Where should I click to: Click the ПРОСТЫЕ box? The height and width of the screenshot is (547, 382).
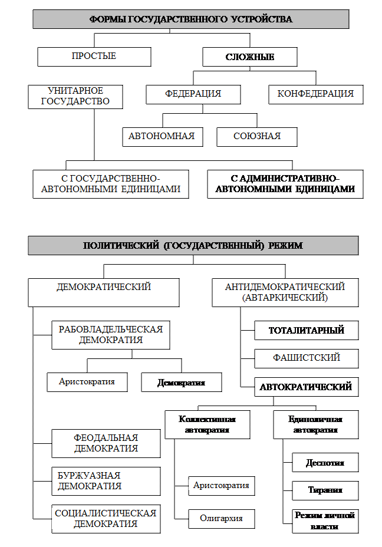[94, 56]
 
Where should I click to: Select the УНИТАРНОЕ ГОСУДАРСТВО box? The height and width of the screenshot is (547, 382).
[75, 96]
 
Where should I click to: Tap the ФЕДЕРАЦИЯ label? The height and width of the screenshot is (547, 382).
[193, 94]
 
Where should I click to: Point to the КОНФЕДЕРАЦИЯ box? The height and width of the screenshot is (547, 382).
[315, 94]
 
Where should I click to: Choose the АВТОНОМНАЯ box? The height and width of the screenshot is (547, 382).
[162, 136]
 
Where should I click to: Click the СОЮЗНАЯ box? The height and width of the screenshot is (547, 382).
[256, 136]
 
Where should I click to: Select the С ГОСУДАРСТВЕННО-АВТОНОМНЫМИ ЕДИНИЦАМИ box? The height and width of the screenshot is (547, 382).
[111, 184]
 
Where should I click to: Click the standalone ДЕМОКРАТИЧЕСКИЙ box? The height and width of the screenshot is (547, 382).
[104, 287]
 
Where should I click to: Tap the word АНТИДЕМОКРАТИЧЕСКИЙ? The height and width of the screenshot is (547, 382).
[285, 287]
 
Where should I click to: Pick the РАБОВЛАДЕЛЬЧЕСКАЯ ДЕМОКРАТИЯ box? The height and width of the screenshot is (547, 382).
[111, 335]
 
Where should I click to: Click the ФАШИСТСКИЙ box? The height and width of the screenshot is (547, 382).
[307, 358]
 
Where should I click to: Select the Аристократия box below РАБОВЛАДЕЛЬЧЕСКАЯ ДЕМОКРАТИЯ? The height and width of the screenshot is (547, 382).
[87, 381]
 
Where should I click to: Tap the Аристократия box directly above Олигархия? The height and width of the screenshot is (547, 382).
[222, 485]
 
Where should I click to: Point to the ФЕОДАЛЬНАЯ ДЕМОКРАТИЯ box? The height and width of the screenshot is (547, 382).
[106, 443]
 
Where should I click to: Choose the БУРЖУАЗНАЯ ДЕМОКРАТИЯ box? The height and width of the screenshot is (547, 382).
[106, 481]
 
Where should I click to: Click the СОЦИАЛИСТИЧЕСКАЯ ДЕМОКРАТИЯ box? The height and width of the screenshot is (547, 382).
[106, 519]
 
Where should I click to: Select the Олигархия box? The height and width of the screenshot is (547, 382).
[221, 518]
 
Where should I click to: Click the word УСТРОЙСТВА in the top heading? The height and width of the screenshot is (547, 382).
[264, 19]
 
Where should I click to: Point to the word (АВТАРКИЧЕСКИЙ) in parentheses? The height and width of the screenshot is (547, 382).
[285, 298]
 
